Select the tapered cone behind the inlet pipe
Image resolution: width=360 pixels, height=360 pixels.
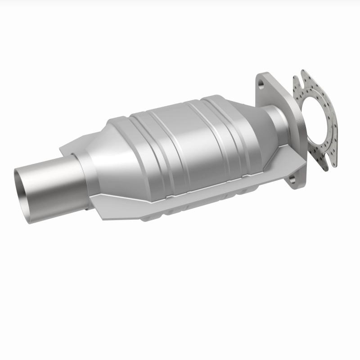click(97, 162)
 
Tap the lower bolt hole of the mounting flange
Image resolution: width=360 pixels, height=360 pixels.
click(293, 180)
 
